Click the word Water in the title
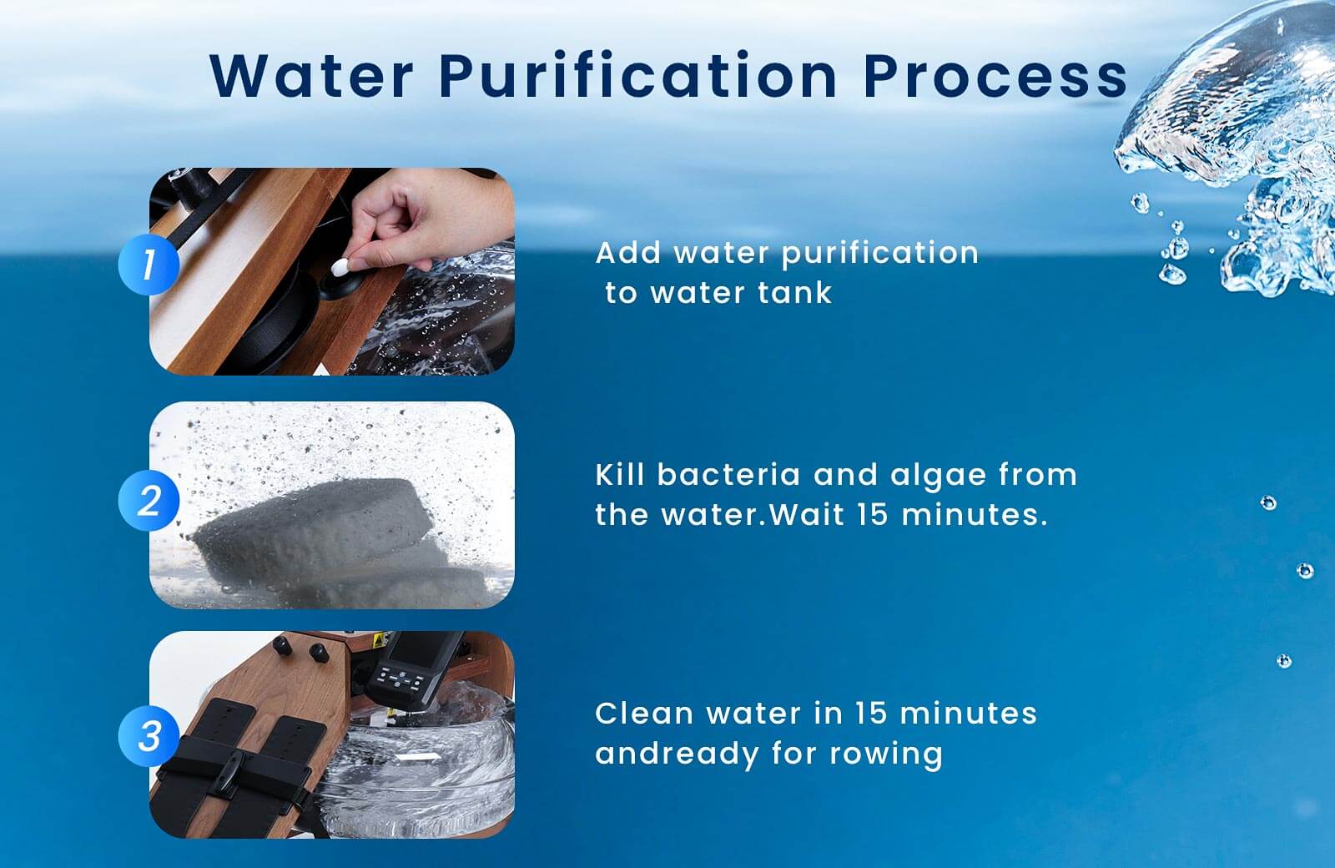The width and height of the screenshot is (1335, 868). tap(312, 76)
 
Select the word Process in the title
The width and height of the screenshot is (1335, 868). tap(995, 77)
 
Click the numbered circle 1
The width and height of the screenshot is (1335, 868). tap(149, 264)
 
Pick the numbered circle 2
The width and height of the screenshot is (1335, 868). tap(149, 500)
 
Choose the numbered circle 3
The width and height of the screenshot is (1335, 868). tap(149, 735)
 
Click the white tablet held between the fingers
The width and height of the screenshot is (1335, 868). tap(340, 267)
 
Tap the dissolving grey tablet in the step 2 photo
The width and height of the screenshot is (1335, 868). tap(316, 531)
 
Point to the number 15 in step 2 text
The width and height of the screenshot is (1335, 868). tap(873, 514)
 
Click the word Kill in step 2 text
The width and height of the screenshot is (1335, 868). tap(620, 475)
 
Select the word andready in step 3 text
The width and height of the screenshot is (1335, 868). tap(677, 754)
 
